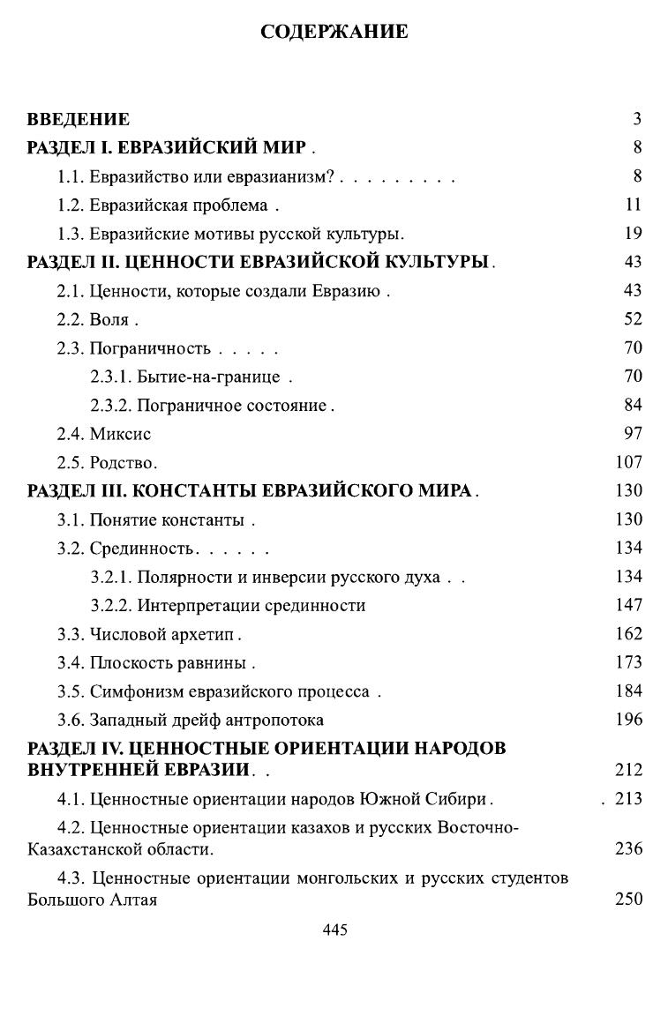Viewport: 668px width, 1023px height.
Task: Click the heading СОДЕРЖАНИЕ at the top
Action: click(x=334, y=33)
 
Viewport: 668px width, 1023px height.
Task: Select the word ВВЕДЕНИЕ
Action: click(x=79, y=119)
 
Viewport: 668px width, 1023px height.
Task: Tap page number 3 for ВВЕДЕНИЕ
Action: click(x=636, y=119)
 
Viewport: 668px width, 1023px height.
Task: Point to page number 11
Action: click(x=633, y=205)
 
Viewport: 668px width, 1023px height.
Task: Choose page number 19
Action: click(x=632, y=234)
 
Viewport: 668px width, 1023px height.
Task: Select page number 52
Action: click(x=632, y=319)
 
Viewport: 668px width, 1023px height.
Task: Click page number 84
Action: click(x=632, y=405)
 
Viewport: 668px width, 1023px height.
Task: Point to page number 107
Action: click(x=628, y=462)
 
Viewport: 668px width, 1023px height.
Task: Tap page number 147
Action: click(x=628, y=605)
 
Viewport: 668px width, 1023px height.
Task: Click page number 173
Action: click(x=628, y=662)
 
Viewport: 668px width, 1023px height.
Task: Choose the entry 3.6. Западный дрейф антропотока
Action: click(x=191, y=720)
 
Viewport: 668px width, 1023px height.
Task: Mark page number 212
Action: click(x=628, y=770)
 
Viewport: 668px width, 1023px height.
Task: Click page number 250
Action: click(x=628, y=900)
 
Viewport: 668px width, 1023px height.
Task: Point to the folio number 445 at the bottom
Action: click(x=334, y=930)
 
